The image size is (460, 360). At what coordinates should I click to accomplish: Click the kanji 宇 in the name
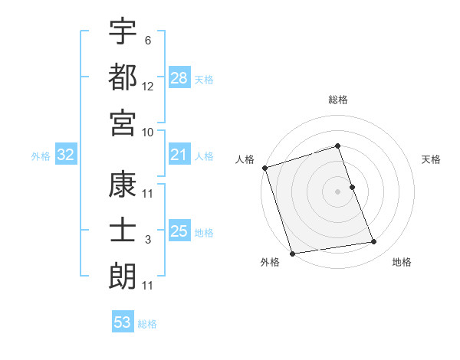(123, 31)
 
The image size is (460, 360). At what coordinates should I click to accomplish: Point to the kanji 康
(123, 185)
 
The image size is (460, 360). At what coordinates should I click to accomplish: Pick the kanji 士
(123, 230)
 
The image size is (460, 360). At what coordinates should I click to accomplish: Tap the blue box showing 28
(179, 77)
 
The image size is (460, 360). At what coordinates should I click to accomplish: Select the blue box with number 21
(179, 155)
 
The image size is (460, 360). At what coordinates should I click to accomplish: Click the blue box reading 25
(179, 231)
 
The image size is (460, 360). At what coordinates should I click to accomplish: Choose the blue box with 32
(65, 155)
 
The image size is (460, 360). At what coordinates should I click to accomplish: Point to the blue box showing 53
(123, 322)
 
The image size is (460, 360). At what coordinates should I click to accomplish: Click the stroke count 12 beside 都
(148, 87)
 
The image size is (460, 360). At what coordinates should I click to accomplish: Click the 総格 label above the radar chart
(338, 100)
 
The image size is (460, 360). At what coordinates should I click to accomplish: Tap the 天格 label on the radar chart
(432, 159)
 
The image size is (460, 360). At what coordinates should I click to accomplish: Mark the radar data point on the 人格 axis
(264, 168)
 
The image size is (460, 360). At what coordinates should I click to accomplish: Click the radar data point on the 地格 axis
(374, 242)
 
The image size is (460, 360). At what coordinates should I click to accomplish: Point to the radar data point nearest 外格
(292, 253)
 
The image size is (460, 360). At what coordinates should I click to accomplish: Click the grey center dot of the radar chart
(338, 191)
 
